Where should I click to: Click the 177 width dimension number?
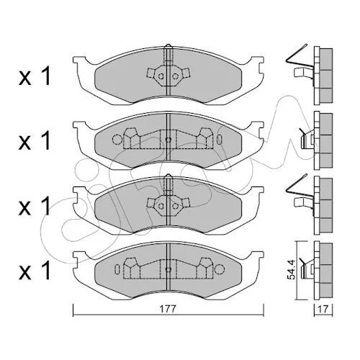(168, 310)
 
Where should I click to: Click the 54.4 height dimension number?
(292, 269)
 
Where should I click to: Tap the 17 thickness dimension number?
(323, 310)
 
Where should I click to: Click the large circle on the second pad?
(117, 140)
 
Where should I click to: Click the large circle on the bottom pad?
(220, 269)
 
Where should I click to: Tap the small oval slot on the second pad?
(220, 140)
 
